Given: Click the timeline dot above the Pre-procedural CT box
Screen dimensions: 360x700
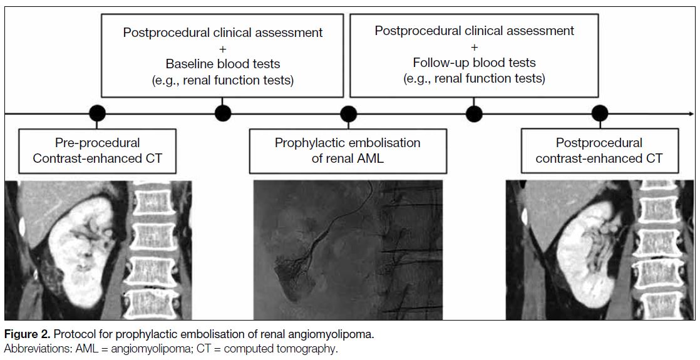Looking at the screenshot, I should (x=97, y=113).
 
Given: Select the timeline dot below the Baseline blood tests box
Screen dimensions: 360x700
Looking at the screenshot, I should (x=223, y=113).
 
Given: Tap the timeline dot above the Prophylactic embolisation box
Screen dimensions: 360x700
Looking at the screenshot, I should (x=348, y=113).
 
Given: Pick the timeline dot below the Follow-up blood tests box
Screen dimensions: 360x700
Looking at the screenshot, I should (x=474, y=113).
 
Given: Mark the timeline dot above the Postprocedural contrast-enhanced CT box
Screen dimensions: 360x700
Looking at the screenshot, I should (x=600, y=113).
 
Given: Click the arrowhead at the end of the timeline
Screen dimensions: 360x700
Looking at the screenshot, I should (x=691, y=113).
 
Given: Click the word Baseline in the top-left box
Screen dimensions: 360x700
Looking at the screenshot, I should (x=187, y=64).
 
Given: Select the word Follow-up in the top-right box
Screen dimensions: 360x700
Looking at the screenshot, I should (x=437, y=63).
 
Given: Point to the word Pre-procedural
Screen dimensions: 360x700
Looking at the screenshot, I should (x=97, y=143).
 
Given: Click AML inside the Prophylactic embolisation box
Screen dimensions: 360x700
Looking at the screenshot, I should (x=370, y=158).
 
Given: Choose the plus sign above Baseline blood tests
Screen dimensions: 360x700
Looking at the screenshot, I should (x=222, y=48).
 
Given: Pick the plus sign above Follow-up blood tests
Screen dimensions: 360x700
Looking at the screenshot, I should (x=474, y=47).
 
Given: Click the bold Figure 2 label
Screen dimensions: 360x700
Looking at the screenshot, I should (x=28, y=334).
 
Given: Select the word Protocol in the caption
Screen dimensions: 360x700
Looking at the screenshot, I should (x=78, y=334).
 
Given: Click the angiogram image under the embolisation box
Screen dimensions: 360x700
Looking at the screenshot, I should (x=347, y=250).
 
